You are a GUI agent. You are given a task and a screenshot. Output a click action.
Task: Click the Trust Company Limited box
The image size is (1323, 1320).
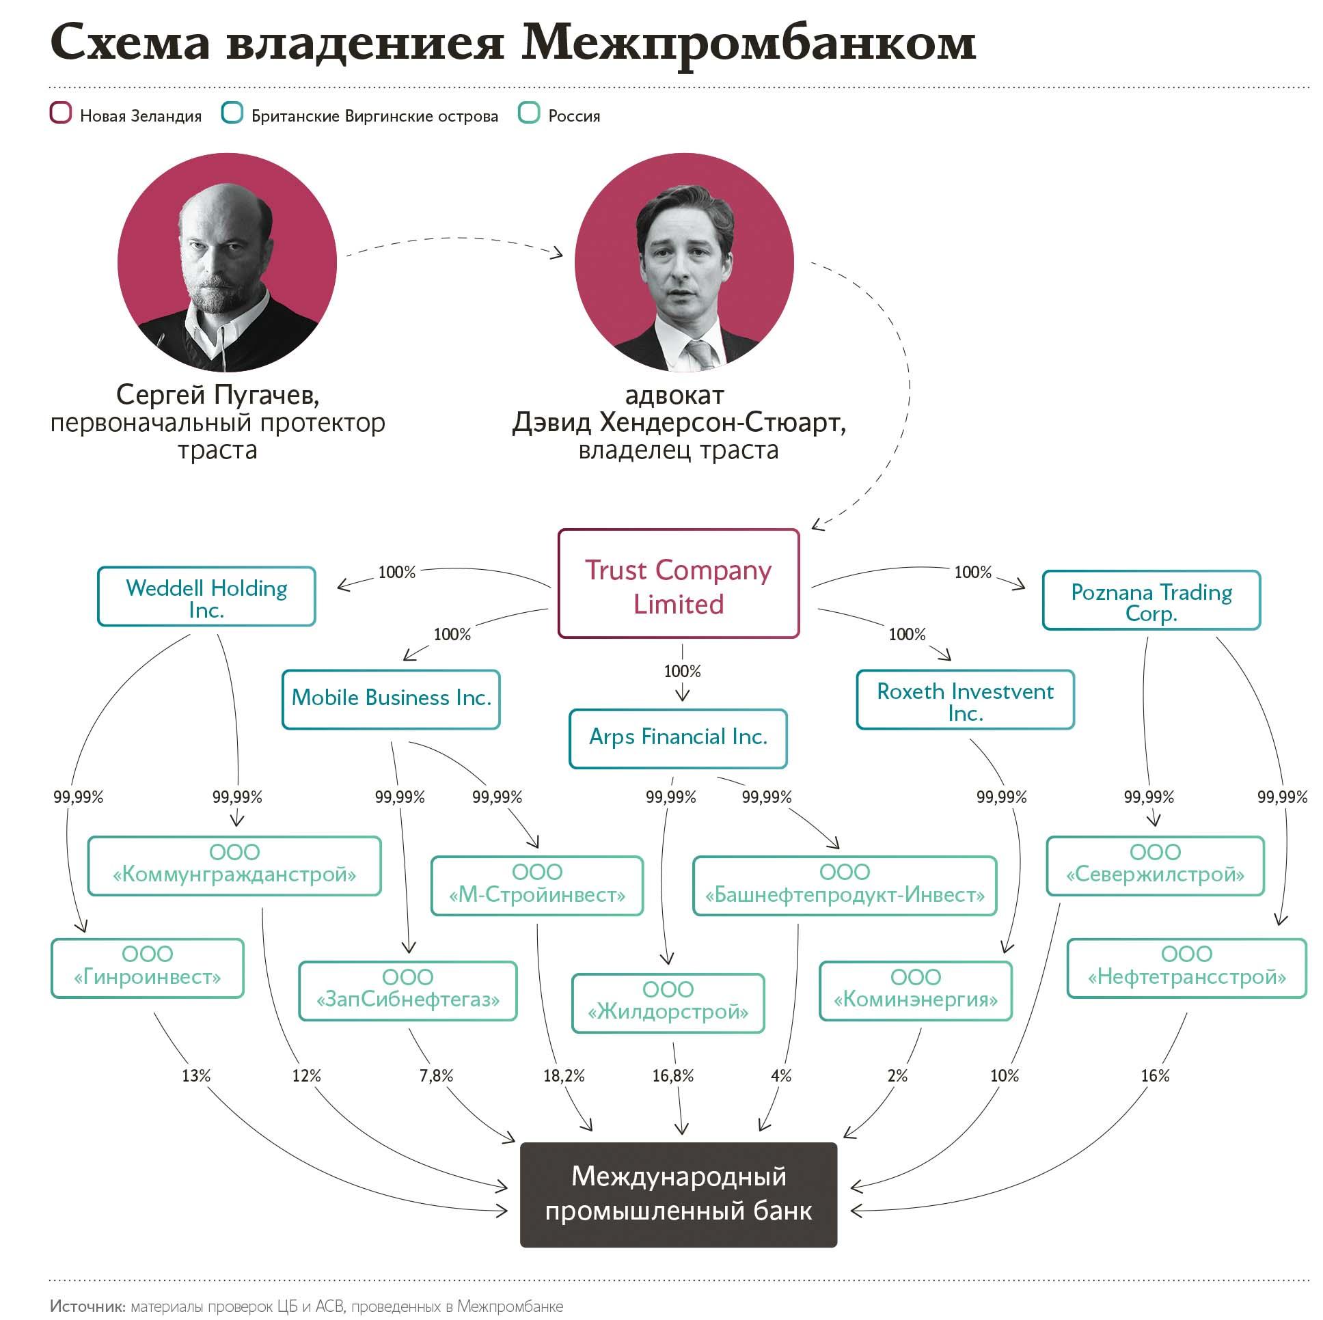(678, 584)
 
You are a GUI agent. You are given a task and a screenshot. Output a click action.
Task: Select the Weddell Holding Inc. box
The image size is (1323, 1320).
(206, 597)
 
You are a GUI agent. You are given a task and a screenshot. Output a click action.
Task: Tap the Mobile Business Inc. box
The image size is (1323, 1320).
(391, 699)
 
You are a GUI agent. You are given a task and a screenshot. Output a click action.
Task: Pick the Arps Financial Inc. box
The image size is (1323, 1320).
(678, 738)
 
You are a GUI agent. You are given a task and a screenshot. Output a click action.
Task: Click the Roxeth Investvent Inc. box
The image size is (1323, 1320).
(965, 700)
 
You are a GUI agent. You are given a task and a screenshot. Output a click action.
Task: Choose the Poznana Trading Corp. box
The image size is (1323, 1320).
(1151, 601)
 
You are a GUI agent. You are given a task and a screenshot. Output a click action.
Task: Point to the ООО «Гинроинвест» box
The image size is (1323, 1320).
(147, 968)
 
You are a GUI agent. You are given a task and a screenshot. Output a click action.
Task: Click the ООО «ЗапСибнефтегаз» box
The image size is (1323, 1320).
(407, 991)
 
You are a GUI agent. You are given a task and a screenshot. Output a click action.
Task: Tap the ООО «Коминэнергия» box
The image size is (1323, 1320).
(916, 991)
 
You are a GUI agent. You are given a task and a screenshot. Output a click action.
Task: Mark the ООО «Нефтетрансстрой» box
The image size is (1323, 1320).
(1187, 968)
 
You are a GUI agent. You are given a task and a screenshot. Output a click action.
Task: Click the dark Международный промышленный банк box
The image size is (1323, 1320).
(678, 1194)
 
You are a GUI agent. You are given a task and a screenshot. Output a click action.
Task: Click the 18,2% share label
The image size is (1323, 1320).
(564, 1076)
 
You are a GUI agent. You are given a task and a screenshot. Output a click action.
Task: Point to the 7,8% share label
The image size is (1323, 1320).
(436, 1076)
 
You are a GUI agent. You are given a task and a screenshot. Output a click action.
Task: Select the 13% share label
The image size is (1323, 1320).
(196, 1076)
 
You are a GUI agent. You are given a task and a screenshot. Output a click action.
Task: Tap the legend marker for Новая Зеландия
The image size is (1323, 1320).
(61, 113)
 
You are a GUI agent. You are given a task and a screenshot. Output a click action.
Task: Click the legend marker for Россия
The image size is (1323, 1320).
(530, 113)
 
